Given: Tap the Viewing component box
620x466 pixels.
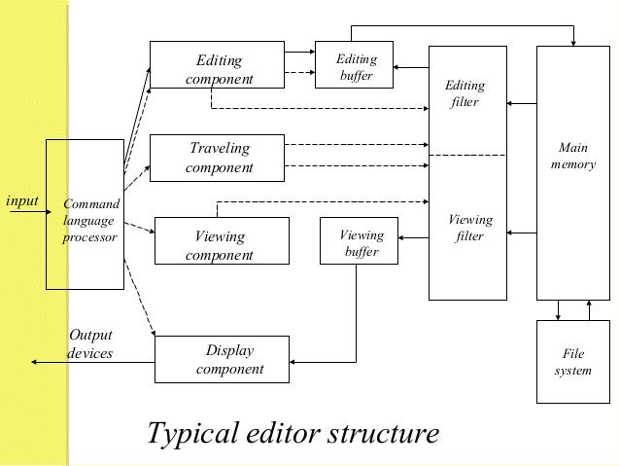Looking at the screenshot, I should pyautogui.click(x=222, y=245).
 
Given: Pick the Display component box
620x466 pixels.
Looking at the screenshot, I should pyautogui.click(x=223, y=360).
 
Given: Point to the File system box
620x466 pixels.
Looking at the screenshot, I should pyautogui.click(x=573, y=362).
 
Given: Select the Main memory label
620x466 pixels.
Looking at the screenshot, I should pyautogui.click(x=573, y=157).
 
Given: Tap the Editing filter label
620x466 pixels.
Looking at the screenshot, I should pyautogui.click(x=465, y=94).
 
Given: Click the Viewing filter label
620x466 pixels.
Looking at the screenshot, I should pyautogui.click(x=469, y=228).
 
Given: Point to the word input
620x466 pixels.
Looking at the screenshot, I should pyautogui.click(x=21, y=201).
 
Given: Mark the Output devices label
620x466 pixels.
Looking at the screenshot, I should pyautogui.click(x=89, y=343).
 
